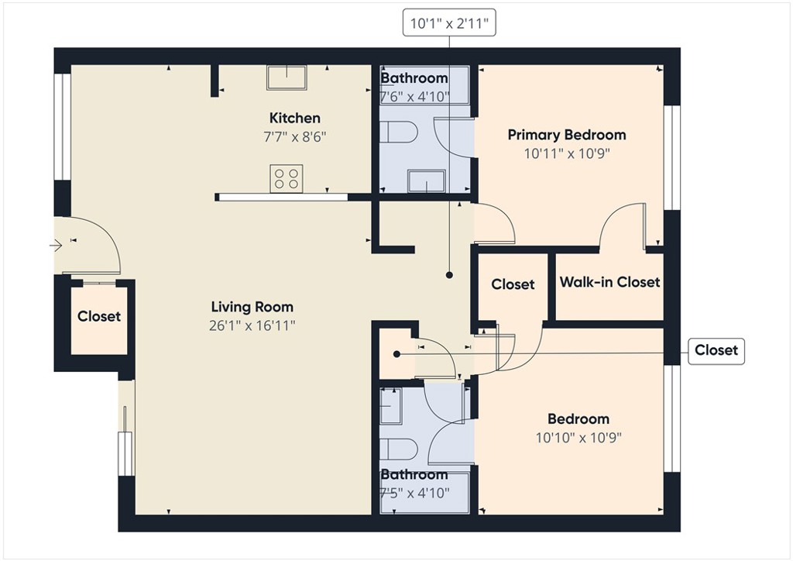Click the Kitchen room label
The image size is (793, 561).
pos(295,119)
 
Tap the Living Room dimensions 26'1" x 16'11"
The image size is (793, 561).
pos(252,325)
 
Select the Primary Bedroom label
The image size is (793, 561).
pos(567,135)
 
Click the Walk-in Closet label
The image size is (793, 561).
pos(610,282)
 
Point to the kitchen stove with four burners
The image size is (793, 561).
pos(287,178)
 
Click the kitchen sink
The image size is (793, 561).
pos(287,77)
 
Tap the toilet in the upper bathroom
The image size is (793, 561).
pos(399,132)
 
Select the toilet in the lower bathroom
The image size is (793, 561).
pos(399,449)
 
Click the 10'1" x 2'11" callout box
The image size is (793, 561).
pos(449,22)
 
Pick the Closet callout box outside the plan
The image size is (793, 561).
pos(716,350)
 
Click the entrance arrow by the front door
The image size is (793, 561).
pos(56,246)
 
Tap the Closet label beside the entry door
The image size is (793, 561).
pos(99,317)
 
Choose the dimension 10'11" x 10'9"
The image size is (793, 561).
pos(567,153)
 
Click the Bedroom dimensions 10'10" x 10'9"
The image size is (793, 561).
pos(578,438)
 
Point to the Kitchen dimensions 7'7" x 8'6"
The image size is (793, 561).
pos(295,137)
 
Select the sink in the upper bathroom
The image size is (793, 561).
pos(427,181)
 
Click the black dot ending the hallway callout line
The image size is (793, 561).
pos(449,275)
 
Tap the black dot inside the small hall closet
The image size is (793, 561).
pos(397,354)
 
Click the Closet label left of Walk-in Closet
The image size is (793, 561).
pos(513,284)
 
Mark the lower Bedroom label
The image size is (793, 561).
pos(578,419)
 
